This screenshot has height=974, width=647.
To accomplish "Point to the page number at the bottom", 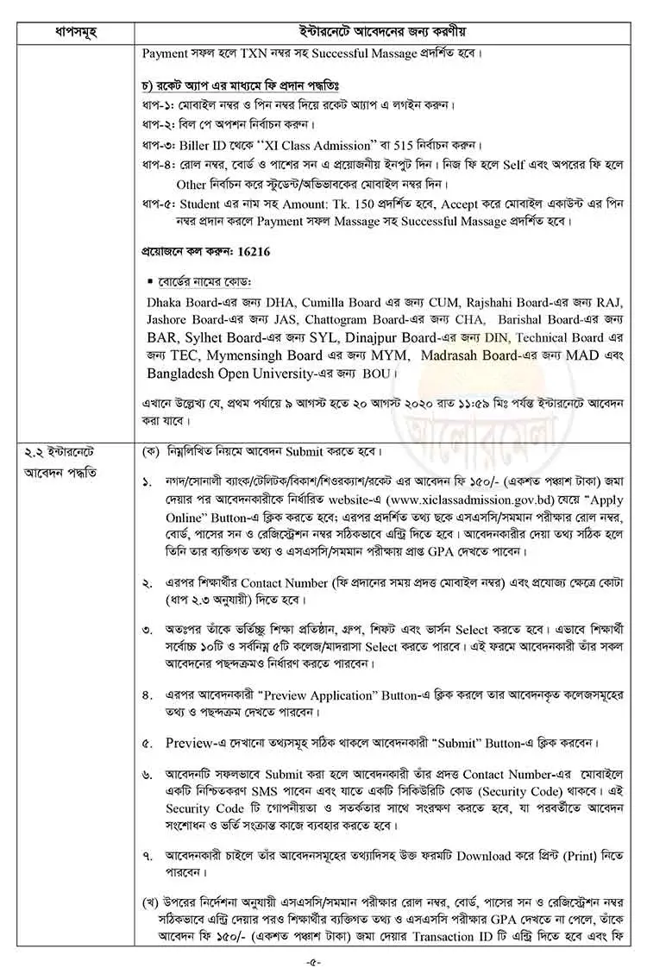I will pos(323,960).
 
